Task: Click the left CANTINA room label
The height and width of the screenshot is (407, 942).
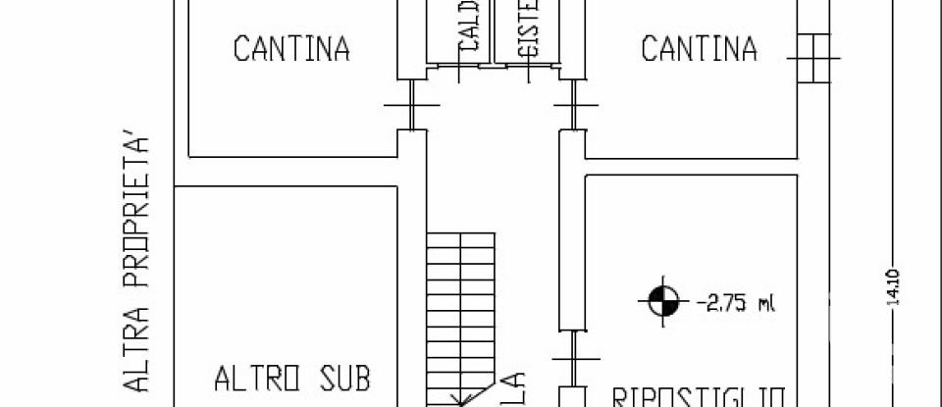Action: pyautogui.click(x=291, y=49)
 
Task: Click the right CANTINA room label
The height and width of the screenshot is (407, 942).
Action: pyautogui.click(x=699, y=49)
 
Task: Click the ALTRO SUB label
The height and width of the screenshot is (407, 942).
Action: pyautogui.click(x=293, y=377)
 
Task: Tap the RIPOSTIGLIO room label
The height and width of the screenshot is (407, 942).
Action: pyautogui.click(x=699, y=397)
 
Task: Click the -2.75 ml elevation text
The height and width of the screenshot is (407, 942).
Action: pyautogui.click(x=735, y=302)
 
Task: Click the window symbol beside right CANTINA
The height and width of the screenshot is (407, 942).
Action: pyautogui.click(x=813, y=59)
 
